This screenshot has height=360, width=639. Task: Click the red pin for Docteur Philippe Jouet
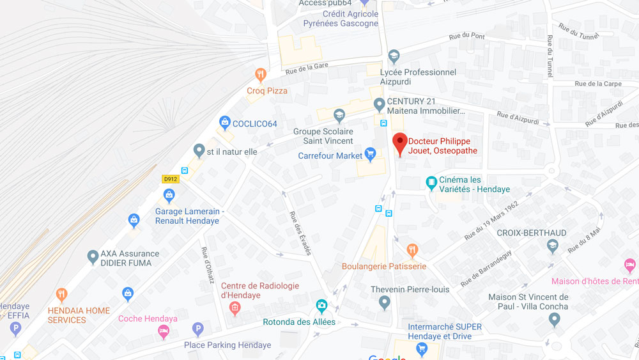click(400, 143)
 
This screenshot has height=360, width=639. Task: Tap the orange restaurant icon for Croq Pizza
click(260, 75)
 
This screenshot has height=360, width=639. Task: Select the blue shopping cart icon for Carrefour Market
click(370, 154)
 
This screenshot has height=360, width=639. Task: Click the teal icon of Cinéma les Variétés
click(432, 183)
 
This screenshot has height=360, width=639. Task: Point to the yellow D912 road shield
click(171, 179)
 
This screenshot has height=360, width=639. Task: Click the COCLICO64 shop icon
click(224, 122)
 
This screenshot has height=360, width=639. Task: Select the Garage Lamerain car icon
click(169, 195)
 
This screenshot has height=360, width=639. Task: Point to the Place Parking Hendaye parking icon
click(198, 329)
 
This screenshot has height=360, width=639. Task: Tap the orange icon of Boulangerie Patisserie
click(412, 250)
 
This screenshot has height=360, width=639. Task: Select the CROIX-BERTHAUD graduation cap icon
click(552, 246)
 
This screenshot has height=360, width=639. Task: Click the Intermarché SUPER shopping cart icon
click(421, 348)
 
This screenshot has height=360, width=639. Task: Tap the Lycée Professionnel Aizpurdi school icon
click(394, 57)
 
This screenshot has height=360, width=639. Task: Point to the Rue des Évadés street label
click(300, 233)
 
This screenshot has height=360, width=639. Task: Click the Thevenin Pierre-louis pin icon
click(384, 301)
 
